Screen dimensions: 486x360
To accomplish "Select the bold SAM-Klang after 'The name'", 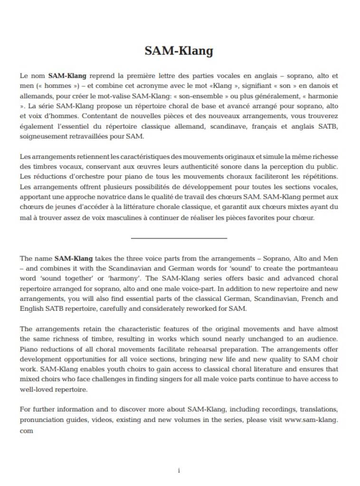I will tap(74, 259).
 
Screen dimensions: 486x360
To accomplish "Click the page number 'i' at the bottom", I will tap(179, 470).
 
